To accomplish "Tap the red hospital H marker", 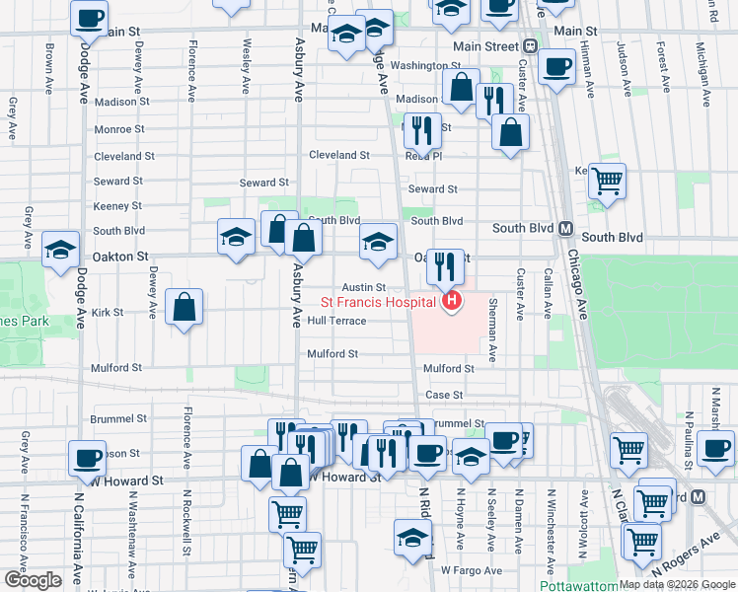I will point(452,300).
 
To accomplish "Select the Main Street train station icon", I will point(530,46).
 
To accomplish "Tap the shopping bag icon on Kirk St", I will point(184,308).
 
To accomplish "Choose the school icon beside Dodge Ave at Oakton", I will point(61,249).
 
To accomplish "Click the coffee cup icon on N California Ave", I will point(88,459).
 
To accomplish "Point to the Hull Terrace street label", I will point(336,322).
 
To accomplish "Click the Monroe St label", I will point(119,129).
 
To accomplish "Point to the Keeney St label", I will point(117,206).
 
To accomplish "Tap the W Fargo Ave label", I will point(466,570).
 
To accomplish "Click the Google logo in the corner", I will point(33,580).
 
